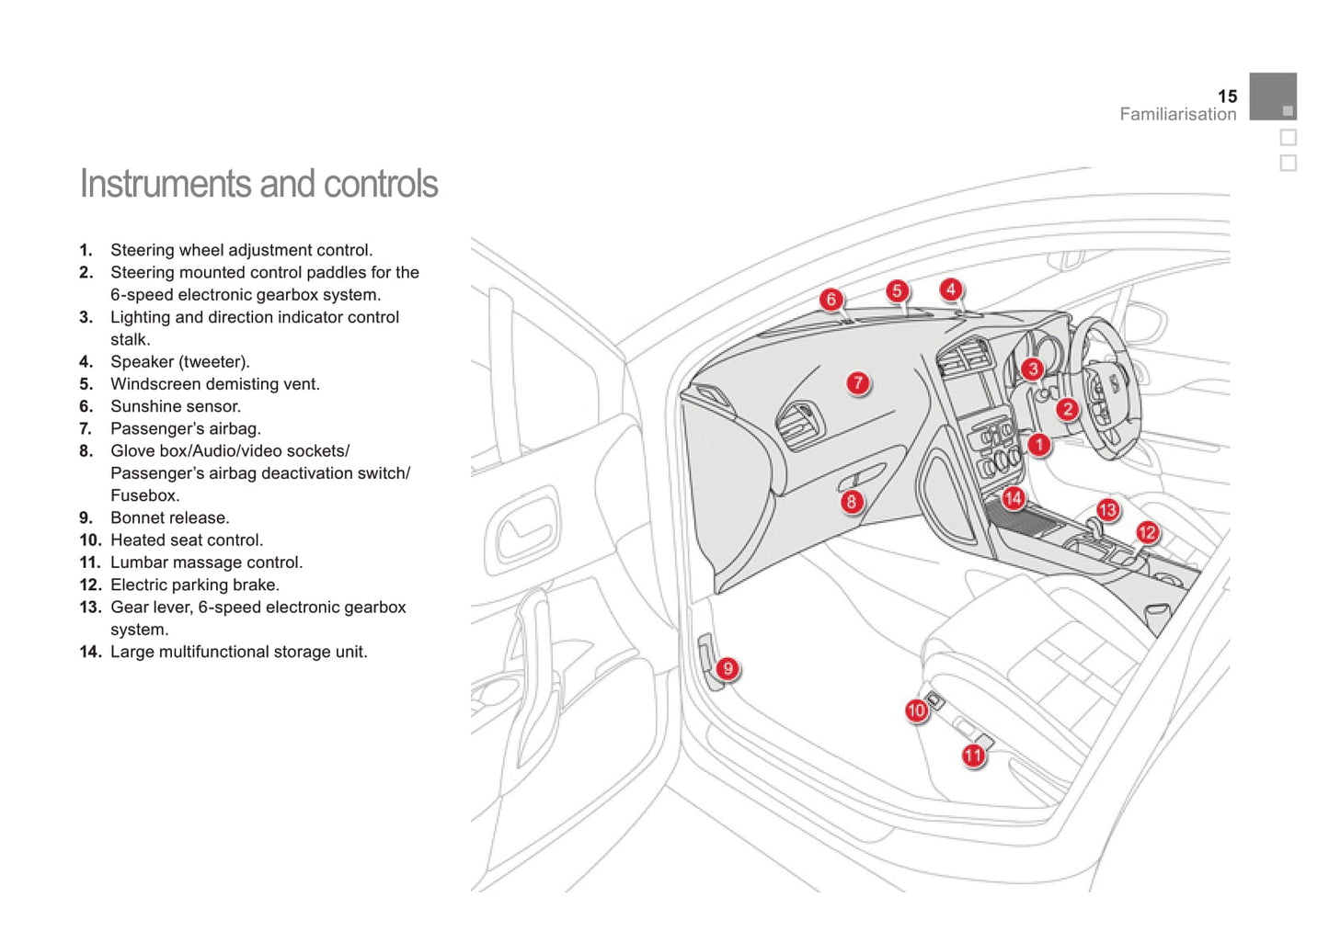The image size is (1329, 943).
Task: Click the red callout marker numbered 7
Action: pos(858,383)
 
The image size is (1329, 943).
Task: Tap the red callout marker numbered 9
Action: pos(728,668)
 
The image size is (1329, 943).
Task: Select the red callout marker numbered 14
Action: pos(1013,498)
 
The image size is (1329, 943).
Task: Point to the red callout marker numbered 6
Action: pos(831,300)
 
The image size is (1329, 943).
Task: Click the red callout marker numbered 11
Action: pos(973,756)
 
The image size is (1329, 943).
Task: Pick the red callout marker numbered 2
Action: pos(1067,409)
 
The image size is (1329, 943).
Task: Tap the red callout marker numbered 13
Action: pos(1107,510)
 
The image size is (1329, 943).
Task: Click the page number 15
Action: pos(1227,97)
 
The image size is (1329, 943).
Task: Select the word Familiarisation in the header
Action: pos(1177,115)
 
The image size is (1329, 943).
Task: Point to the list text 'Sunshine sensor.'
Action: pos(175,406)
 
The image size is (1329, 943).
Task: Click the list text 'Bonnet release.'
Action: pos(169,517)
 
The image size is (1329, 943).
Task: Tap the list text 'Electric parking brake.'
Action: pos(194,585)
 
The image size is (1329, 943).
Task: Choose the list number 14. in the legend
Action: pos(89,652)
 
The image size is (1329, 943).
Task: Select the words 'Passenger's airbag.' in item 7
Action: pos(185,428)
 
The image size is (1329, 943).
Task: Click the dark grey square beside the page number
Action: pos(1273,97)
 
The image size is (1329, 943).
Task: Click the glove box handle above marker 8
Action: pos(860,478)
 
